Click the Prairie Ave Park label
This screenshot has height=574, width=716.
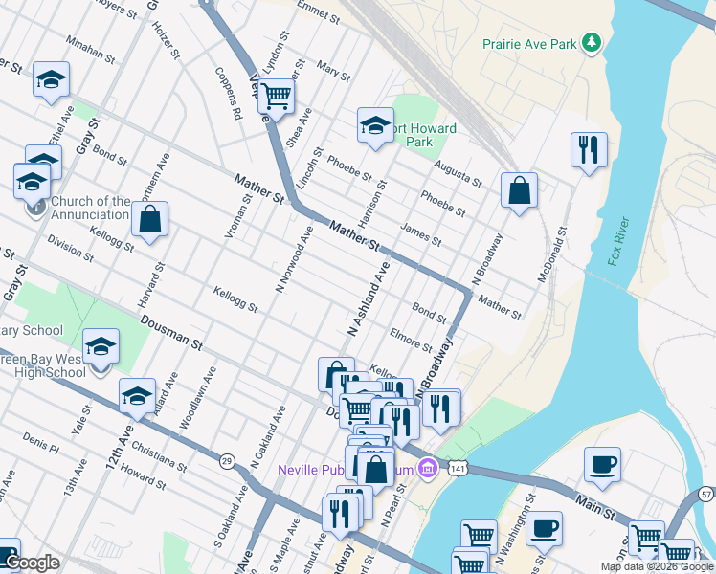tap(529, 44)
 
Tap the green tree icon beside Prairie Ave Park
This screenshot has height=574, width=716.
tap(593, 42)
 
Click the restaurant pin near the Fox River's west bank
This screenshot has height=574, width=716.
tap(589, 150)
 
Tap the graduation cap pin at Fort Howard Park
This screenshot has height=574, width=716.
tap(375, 125)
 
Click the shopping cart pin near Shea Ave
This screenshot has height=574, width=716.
tap(277, 96)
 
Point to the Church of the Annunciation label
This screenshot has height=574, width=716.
tap(91, 208)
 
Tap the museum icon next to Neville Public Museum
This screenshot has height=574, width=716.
tap(430, 468)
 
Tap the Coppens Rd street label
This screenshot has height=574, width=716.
tap(229, 93)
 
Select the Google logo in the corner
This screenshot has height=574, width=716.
tap(32, 563)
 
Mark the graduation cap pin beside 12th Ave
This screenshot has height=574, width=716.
tap(137, 396)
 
